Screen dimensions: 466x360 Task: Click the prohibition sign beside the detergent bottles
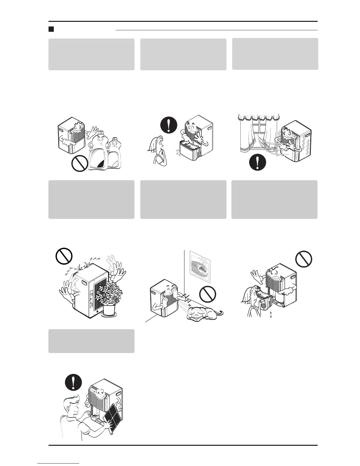(80, 164)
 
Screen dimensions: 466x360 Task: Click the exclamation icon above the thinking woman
(169, 126)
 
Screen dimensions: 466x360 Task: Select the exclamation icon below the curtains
(257, 162)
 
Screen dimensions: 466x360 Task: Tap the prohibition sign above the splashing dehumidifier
(64, 256)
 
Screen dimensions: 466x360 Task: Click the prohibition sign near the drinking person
(304, 259)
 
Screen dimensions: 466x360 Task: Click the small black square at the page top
(51, 29)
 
